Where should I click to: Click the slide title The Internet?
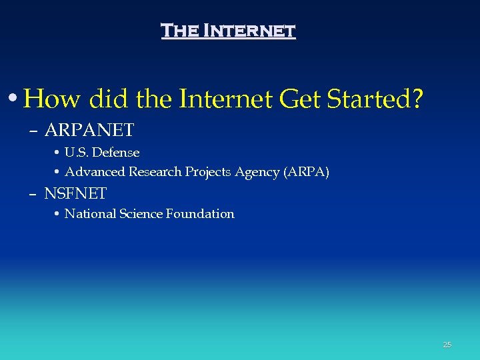pos(228,31)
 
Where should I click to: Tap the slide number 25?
pos(447,345)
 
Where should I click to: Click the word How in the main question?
pos(52,100)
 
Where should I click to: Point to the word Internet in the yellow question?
pos(224,100)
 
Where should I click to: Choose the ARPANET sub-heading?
pos(89,129)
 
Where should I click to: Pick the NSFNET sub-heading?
pos(75,194)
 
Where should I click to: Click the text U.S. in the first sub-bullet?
pos(76,153)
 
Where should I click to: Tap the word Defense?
pos(115,153)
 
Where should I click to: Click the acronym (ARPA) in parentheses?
pos(307,172)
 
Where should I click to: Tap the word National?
pos(89,214)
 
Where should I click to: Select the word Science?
pos(140,214)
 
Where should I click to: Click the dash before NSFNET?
pos(33,195)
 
